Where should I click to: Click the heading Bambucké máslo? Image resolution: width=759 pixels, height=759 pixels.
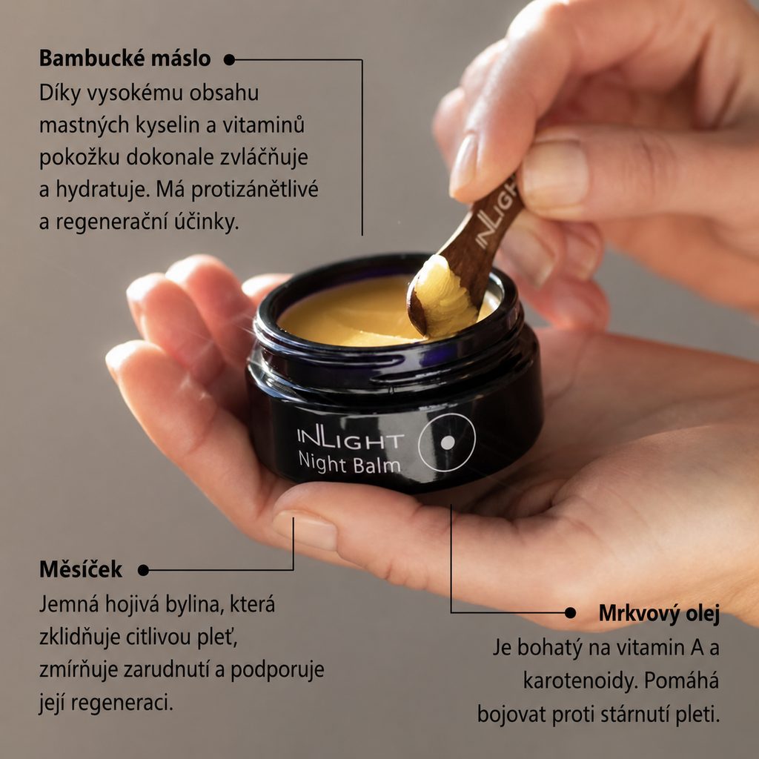pos(125,59)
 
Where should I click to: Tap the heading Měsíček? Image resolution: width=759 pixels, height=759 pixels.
pos(80,569)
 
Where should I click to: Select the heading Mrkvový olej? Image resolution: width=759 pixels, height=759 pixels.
pos(659,613)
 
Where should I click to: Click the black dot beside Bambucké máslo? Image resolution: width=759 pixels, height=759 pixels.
pos(230,59)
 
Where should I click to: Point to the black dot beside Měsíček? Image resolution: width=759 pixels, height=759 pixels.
pos(143,570)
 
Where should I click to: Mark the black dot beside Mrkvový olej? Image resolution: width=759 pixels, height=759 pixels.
pos(570,613)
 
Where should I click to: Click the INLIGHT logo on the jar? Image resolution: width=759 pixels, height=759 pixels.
pos(350,438)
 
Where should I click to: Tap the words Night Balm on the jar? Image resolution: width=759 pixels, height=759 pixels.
pos(349,463)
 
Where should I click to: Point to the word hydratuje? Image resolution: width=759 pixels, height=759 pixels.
pos(102,190)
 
